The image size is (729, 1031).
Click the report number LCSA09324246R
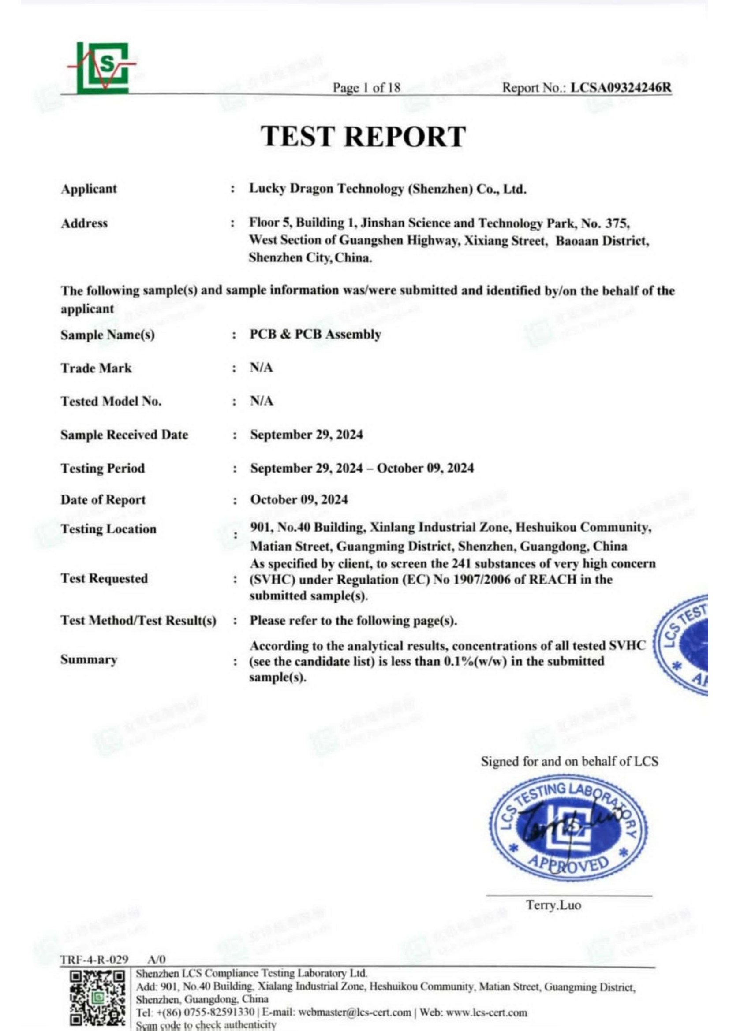[621, 88]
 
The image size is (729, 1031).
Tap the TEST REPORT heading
[363, 136]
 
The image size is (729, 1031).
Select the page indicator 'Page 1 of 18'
[366, 88]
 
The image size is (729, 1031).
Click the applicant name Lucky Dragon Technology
[388, 189]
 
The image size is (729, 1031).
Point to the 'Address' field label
[84, 223]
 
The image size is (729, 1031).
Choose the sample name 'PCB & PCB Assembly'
[315, 335]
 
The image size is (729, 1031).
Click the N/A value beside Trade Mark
[262, 368]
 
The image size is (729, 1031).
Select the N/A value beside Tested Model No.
[262, 401]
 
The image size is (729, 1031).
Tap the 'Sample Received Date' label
[124, 435]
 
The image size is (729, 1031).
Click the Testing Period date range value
[362, 469]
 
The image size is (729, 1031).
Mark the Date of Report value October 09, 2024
[299, 500]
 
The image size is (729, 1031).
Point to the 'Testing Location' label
[108, 529]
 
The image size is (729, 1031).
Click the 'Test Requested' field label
[104, 578]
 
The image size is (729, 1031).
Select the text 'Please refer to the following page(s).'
[353, 621]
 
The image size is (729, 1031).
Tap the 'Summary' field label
[89, 660]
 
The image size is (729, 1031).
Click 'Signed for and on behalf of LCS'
[569, 762]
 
